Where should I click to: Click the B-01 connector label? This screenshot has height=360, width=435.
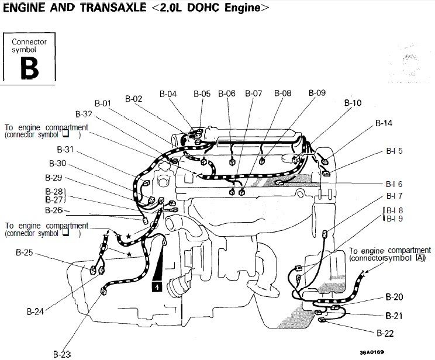point(103,103)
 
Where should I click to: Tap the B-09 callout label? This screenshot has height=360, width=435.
point(317,93)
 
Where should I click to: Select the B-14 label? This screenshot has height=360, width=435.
point(384,123)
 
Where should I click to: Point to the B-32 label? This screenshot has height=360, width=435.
point(84,115)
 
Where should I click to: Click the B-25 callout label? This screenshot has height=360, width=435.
point(25,252)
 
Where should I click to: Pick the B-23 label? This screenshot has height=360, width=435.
point(62,354)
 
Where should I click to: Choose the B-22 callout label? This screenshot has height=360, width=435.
point(385,333)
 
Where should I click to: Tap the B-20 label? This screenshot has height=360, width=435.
point(394,297)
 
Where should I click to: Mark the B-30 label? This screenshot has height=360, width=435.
point(58,164)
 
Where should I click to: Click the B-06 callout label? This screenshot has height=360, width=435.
point(227,94)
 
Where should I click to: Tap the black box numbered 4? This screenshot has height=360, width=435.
point(157,286)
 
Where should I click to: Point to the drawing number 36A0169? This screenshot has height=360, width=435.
point(372,352)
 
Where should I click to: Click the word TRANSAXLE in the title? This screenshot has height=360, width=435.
point(113,8)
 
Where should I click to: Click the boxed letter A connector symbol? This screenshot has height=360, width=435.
point(420,258)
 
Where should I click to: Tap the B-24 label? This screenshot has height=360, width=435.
point(35,311)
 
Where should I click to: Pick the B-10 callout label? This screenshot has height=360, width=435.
point(353,103)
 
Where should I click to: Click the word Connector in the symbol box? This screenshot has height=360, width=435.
point(29,42)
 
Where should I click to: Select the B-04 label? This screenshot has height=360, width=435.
point(168,94)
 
